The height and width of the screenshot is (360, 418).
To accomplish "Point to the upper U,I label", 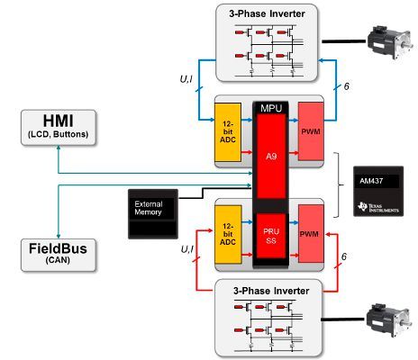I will (x=186, y=79).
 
